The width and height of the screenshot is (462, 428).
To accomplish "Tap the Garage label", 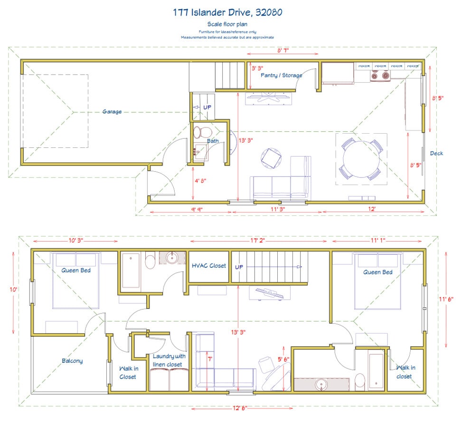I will [x=112, y=112].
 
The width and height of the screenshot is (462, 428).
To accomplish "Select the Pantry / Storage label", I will [x=281, y=75].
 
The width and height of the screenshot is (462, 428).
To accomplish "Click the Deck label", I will [x=436, y=153].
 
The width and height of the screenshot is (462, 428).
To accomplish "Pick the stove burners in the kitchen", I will [x=380, y=75].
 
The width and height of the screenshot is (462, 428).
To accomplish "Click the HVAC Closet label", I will [x=209, y=266].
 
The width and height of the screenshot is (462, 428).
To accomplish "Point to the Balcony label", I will [x=72, y=361].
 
